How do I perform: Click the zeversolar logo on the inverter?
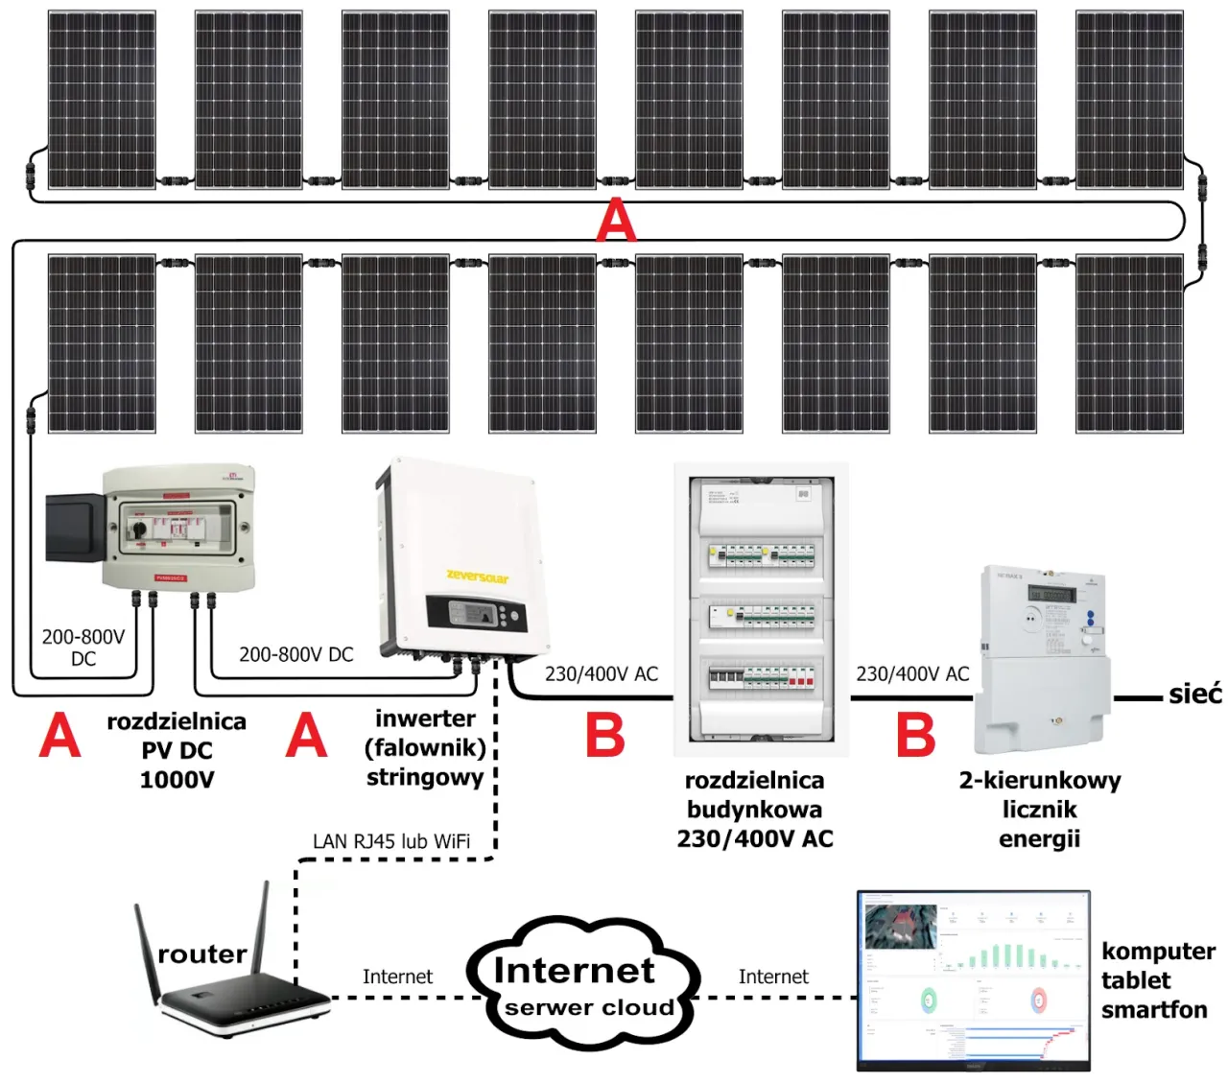point(478,577)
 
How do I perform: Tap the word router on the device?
point(202,954)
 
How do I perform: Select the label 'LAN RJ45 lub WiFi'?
point(391,841)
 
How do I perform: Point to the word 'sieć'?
point(1194,694)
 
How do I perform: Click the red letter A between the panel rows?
point(615,222)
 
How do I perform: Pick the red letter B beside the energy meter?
point(915,736)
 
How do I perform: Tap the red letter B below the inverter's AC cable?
point(605,736)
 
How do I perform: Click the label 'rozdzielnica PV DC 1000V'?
point(177,750)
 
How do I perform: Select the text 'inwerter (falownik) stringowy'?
point(425,747)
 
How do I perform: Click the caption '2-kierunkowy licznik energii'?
point(1040,810)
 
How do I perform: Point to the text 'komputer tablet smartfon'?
point(1157,980)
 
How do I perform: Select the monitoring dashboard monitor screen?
point(973,978)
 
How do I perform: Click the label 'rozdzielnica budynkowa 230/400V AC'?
point(755,810)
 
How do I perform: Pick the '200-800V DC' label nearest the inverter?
point(295,654)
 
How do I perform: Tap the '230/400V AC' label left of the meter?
point(912,674)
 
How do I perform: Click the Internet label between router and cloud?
point(397,977)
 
